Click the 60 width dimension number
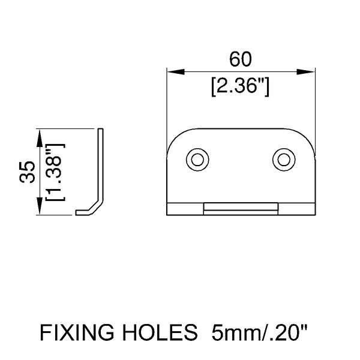coord(241,59)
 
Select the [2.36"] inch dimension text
coord(240,87)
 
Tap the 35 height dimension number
coord(28,172)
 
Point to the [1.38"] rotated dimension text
coord(56,172)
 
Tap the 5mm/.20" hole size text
coord(259,332)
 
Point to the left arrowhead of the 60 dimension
coord(176,71)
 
